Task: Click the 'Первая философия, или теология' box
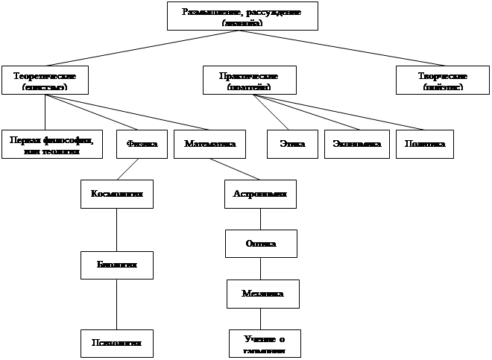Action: coord(51,144)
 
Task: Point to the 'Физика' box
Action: coord(142,144)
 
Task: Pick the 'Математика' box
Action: coord(209,144)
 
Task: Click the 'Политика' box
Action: coord(424,144)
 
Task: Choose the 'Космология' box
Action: coord(116,194)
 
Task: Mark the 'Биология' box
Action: coord(116,265)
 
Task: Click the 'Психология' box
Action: coord(116,343)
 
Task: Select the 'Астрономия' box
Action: coord(260,194)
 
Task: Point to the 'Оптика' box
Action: coord(261,243)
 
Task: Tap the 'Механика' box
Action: coord(262,294)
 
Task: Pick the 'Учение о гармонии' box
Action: coord(264,343)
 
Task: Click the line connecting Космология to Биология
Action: coord(116,230)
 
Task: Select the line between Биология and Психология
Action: coord(116,303)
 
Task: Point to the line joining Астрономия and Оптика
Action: coord(260,219)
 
